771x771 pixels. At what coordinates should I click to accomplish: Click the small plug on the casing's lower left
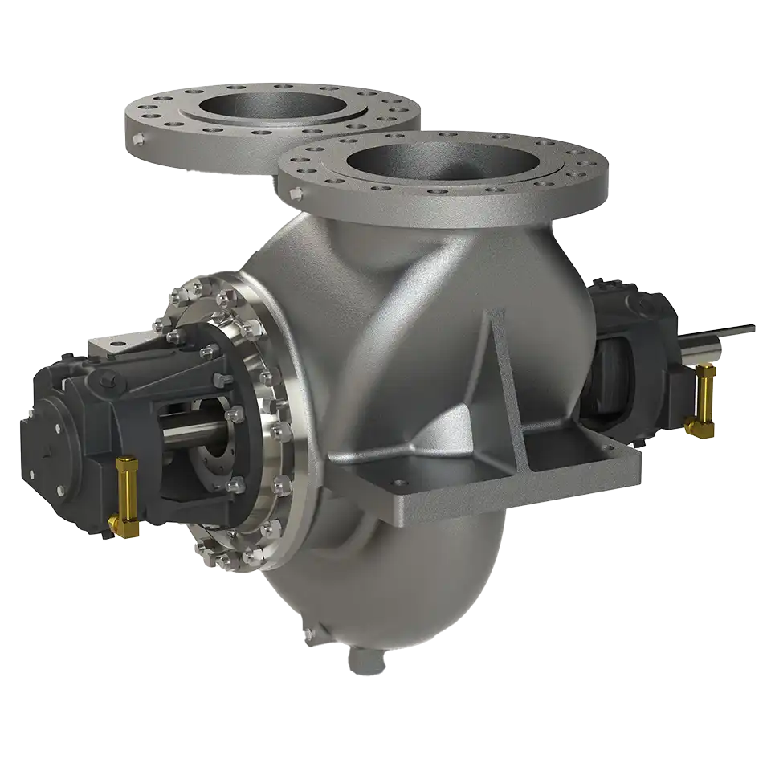[308, 634]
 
